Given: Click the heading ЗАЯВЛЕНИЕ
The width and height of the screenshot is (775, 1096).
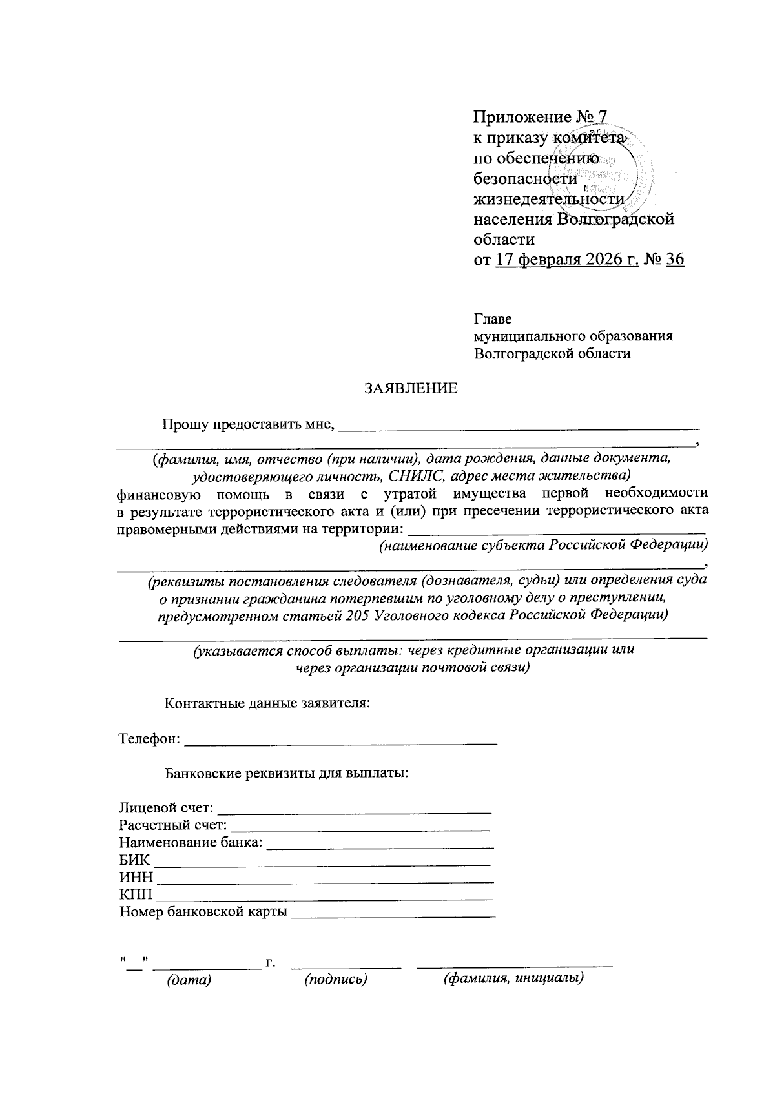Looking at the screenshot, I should coord(411,388).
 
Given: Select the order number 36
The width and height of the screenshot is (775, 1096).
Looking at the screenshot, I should coord(674,260).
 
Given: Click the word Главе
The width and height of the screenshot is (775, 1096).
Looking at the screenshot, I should coord(493,320).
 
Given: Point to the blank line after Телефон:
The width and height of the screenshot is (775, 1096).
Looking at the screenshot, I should coord(340,743).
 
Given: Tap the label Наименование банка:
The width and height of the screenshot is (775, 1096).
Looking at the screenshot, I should coord(191,842).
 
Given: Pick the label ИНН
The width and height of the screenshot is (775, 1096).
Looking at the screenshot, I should coord(136,878).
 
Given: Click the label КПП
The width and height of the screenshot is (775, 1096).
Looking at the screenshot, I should coord(136,895).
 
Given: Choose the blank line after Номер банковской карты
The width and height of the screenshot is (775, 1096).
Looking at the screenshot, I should coord(393,916).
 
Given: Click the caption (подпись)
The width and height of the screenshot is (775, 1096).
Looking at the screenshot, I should coord(336,980).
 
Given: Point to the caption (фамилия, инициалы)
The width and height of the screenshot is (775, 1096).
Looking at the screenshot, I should coord(513,979).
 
